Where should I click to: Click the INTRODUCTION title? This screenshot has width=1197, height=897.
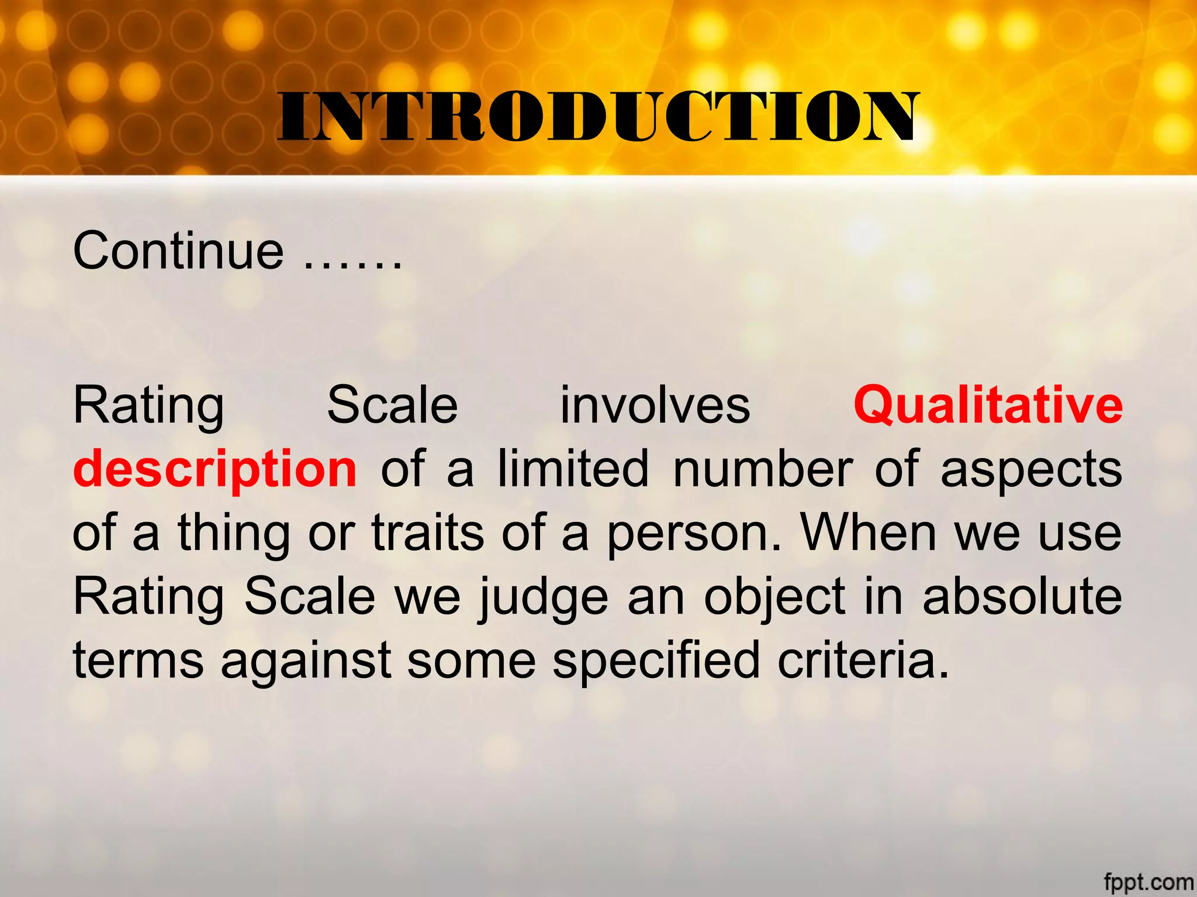(x=597, y=117)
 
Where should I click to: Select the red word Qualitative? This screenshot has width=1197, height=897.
(x=988, y=405)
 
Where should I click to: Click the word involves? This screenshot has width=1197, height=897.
(x=655, y=405)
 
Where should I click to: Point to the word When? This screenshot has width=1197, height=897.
(x=869, y=533)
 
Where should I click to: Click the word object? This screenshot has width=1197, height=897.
(x=774, y=597)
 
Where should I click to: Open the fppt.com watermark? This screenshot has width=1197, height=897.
(x=1148, y=881)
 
